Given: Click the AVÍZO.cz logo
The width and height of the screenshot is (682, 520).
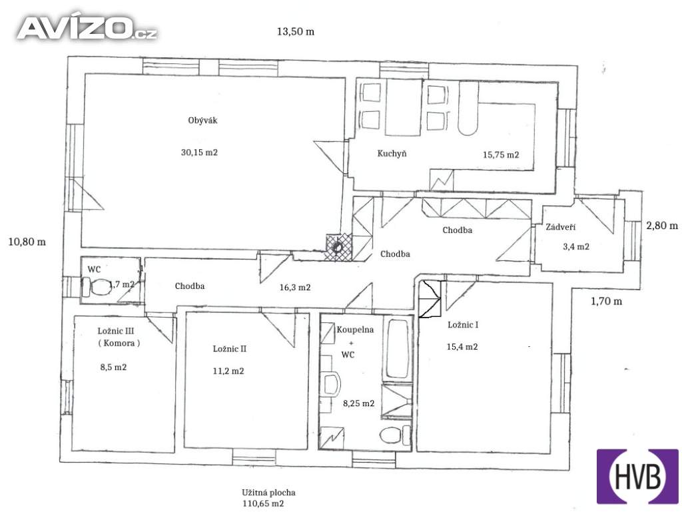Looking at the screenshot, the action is click(x=87, y=28).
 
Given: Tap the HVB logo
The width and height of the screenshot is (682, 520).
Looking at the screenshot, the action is click(x=637, y=476).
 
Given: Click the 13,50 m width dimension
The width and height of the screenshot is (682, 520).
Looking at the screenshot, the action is click(x=296, y=32).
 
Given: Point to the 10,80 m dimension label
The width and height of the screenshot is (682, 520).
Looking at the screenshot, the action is click(x=27, y=242).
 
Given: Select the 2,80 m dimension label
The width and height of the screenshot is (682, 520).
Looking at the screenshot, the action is click(x=661, y=226).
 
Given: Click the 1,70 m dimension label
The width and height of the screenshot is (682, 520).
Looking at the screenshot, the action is click(x=606, y=301).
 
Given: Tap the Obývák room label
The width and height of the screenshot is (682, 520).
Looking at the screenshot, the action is click(x=202, y=121).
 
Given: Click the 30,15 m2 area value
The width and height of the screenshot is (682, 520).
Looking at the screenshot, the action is click(x=199, y=152).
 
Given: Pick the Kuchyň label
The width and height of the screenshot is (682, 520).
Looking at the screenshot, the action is click(x=392, y=154).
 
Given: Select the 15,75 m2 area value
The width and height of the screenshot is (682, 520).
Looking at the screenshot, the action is click(x=501, y=154).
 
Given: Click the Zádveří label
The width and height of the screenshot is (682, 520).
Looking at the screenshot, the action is click(x=561, y=227).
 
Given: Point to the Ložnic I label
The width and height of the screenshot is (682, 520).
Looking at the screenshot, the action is click(x=464, y=325).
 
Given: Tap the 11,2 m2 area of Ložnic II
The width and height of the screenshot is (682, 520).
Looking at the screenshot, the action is click(x=228, y=372).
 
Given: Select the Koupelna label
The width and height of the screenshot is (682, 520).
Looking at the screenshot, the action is click(x=355, y=330).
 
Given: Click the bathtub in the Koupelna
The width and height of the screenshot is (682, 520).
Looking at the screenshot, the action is click(x=398, y=349).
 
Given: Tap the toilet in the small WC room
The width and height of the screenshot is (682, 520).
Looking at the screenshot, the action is click(x=96, y=286).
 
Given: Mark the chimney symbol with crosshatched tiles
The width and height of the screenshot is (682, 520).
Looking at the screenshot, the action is click(x=338, y=247).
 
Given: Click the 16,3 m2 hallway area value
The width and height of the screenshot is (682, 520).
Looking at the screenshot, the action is click(x=295, y=288).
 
